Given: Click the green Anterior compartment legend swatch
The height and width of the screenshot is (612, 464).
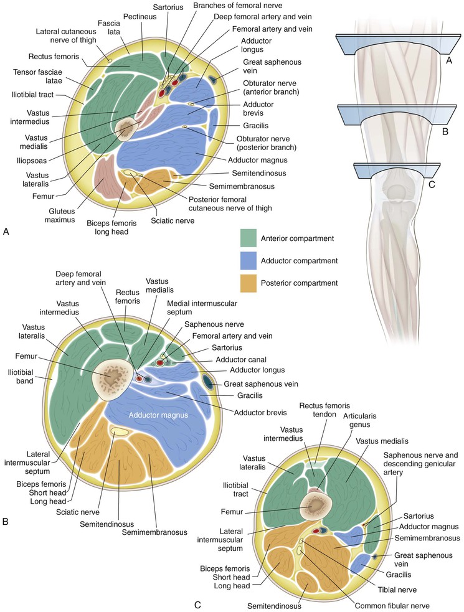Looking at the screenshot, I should [x=250, y=238].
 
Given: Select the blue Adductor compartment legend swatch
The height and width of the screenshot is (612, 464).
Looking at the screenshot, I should [x=250, y=261].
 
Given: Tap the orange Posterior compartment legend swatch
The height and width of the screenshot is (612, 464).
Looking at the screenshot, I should [x=250, y=283].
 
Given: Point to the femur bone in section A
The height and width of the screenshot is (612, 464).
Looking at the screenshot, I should [x=128, y=129].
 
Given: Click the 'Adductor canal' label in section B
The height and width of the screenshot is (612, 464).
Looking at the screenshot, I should [x=230, y=359].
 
